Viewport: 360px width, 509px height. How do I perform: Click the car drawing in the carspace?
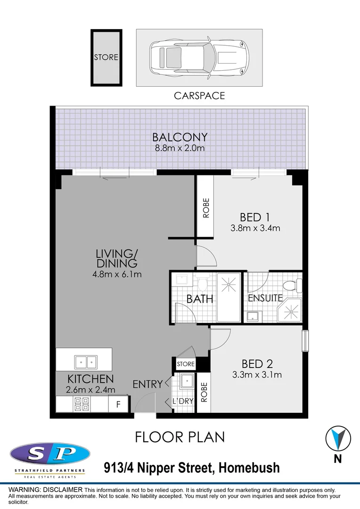(199, 57)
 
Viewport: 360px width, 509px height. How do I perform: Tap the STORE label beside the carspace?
(106, 57)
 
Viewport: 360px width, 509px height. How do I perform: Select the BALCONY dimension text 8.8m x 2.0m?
(180, 148)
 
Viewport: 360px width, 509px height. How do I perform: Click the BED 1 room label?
(254, 217)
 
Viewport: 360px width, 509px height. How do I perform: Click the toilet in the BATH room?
(203, 284)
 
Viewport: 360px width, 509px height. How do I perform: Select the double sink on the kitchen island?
(85, 362)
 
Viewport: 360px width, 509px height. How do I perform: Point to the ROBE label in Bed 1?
(205, 207)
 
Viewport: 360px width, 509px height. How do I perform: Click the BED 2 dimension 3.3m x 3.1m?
(257, 375)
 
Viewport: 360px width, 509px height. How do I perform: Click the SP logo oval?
(50, 455)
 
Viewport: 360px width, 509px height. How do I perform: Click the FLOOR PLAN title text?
(180, 437)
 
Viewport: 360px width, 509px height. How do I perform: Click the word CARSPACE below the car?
(199, 96)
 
